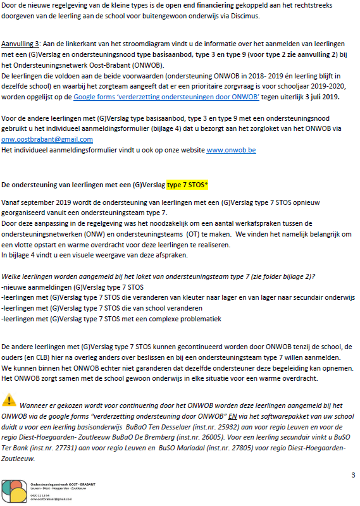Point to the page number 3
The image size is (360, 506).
click(x=353, y=474)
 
